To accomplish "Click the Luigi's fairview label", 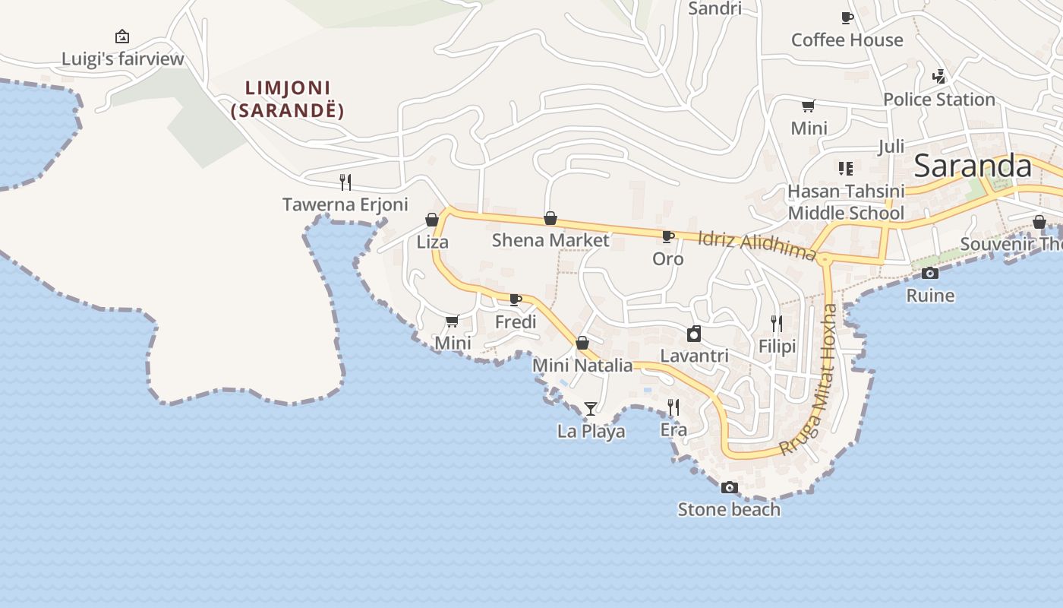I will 122,59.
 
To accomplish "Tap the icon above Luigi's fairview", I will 121,36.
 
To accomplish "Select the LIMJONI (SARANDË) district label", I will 288,100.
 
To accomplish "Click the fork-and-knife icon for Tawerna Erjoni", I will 345,182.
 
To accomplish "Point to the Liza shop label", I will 432,242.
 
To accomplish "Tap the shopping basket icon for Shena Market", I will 550,219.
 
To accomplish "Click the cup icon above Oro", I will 668,237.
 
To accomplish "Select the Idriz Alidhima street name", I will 756,246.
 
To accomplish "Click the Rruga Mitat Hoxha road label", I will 809,379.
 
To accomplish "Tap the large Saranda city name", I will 973,166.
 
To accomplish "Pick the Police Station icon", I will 939,77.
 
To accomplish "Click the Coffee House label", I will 847,40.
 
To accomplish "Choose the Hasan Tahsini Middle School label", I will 846,202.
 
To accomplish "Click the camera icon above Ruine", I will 930,274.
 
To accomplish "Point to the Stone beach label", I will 729,509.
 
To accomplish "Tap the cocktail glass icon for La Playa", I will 591,409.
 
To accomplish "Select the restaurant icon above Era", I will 673,407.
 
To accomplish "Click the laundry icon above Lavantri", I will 694,334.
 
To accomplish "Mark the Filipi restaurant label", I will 777,347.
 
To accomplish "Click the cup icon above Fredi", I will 516,299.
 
